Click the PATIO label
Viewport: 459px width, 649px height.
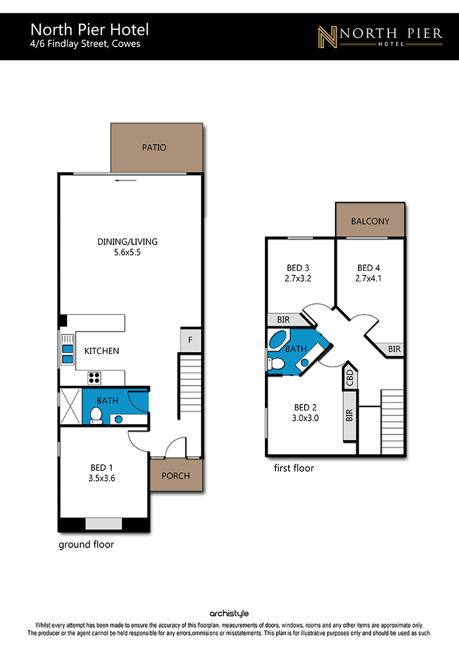pyautogui.click(x=154, y=147)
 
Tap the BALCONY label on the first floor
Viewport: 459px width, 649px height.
pyautogui.click(x=370, y=221)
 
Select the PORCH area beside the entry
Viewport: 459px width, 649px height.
pyautogui.click(x=176, y=475)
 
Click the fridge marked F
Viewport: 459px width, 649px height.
pyautogui.click(x=190, y=340)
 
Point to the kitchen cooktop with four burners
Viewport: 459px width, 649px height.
pyautogui.click(x=94, y=378)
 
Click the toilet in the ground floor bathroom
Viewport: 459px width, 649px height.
pyautogui.click(x=96, y=415)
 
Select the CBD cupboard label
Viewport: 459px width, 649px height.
pyautogui.click(x=350, y=378)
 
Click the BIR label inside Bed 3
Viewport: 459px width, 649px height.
pyautogui.click(x=283, y=320)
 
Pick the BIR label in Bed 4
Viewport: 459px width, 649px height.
pyautogui.click(x=394, y=349)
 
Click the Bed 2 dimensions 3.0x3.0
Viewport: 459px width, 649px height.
pyautogui.click(x=305, y=418)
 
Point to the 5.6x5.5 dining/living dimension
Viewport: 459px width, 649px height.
pyautogui.click(x=127, y=252)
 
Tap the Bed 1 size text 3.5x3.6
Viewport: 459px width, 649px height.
pyautogui.click(x=102, y=478)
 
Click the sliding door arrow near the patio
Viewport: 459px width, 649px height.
pyautogui.click(x=126, y=180)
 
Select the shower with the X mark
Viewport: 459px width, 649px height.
pyautogui.click(x=71, y=406)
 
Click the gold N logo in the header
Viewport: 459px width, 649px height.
pyautogui.click(x=328, y=37)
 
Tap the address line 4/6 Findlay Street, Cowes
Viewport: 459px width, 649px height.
pyautogui.click(x=85, y=44)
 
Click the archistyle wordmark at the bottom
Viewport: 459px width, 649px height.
pyautogui.click(x=229, y=613)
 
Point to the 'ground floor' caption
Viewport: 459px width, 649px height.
pyautogui.click(x=86, y=545)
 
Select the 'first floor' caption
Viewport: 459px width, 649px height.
pyautogui.click(x=294, y=468)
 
